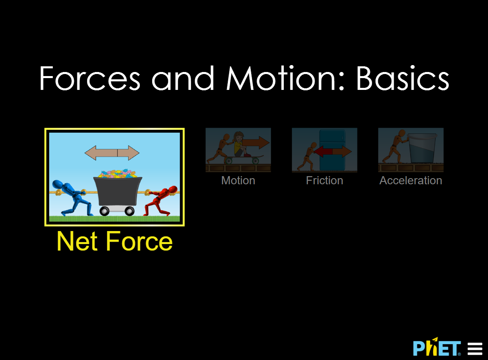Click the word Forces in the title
point(89,78)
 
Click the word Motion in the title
point(281,78)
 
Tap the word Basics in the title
point(403,78)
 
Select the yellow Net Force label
point(115,242)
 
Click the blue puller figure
point(72,198)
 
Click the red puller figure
point(161,201)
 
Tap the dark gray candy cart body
point(118,191)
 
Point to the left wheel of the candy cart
point(105,211)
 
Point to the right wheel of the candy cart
point(129,211)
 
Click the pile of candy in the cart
point(117,174)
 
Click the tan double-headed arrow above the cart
point(112,153)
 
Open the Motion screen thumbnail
point(238,150)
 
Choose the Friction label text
point(325,181)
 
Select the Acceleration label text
point(411,181)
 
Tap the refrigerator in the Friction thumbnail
point(332,150)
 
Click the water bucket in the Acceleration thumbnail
point(422,148)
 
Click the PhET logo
point(437,347)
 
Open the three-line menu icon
point(475,349)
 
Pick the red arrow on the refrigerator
point(323,151)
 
